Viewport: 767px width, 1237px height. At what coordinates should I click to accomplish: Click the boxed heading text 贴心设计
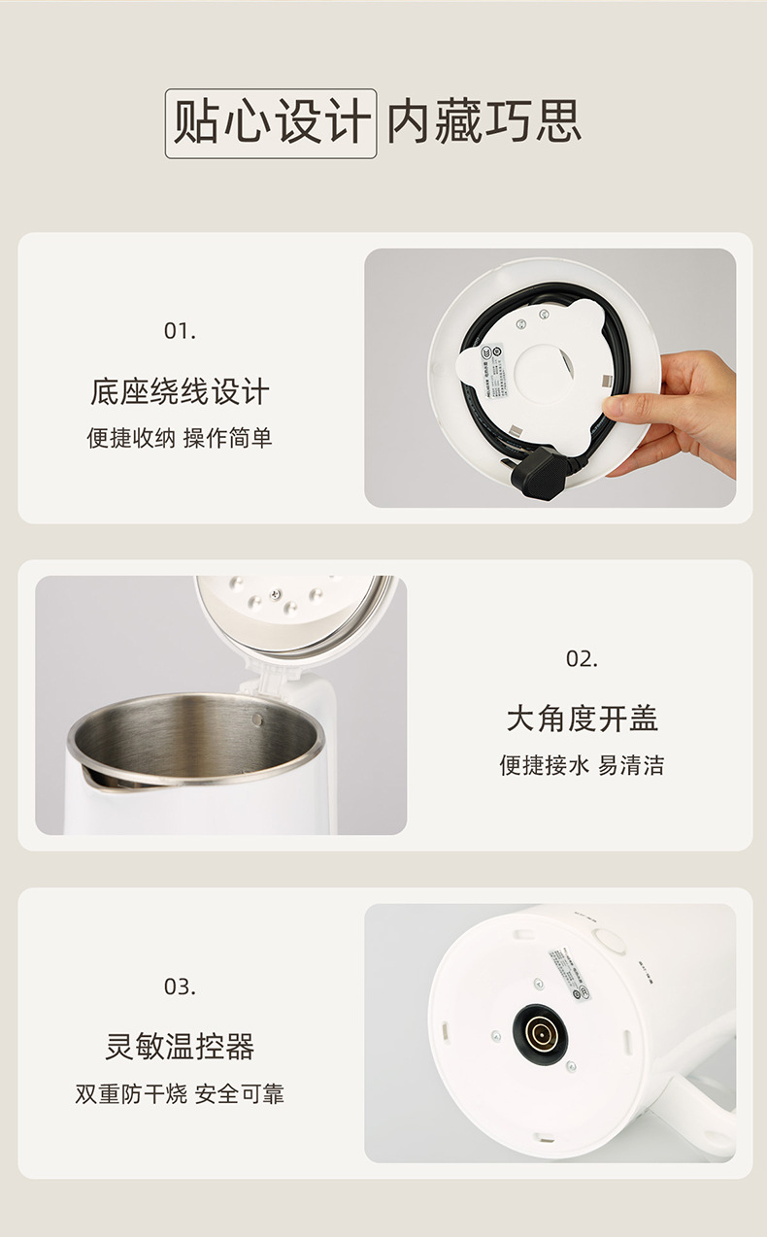tap(271, 123)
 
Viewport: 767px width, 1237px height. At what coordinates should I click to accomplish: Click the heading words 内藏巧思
tap(484, 123)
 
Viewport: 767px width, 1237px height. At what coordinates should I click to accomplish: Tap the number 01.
tap(180, 331)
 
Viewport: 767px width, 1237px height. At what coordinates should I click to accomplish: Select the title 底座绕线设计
tap(180, 392)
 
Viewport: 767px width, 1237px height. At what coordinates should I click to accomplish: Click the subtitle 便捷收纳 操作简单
tap(180, 439)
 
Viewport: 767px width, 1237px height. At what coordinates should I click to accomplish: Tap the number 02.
tap(582, 659)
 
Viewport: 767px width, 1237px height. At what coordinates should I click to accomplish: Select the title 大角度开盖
tap(582, 719)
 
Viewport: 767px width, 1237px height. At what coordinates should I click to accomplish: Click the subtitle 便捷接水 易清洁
tap(582, 766)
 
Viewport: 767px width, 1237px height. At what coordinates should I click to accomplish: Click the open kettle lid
tap(296, 612)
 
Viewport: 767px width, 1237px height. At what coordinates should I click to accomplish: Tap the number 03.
tap(180, 987)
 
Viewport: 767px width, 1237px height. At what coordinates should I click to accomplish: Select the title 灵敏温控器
tap(180, 1048)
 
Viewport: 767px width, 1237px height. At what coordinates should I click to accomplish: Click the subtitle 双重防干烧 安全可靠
tap(180, 1094)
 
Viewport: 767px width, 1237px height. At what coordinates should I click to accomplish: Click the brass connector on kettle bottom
tap(540, 1031)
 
